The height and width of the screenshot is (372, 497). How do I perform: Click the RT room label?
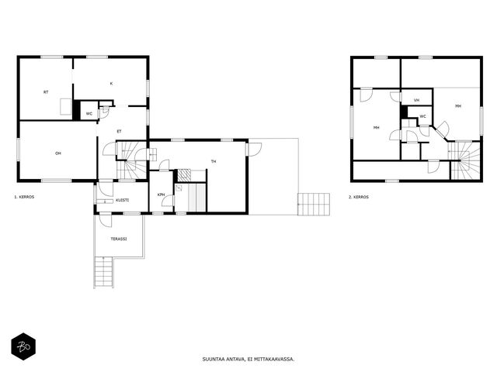pyautogui.click(x=46, y=92)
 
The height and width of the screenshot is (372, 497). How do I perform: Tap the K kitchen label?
pyautogui.click(x=111, y=84)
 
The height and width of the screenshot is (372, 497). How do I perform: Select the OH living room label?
pyautogui.click(x=58, y=153)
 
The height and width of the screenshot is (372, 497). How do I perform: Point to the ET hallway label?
pyautogui.click(x=119, y=131)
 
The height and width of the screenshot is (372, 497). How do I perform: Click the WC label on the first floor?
pyautogui.click(x=89, y=114)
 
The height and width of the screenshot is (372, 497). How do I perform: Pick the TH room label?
pyautogui.click(x=214, y=161)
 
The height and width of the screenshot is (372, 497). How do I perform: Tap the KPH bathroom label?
pyautogui.click(x=161, y=195)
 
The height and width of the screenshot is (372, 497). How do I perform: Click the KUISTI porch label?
pyautogui.click(x=123, y=200)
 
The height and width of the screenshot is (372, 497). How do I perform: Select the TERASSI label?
pyautogui.click(x=119, y=239)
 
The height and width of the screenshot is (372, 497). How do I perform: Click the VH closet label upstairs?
pyautogui.click(x=416, y=100)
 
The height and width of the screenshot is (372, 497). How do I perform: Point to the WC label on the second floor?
pyautogui.click(x=422, y=116)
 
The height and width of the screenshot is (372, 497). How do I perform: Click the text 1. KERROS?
pyautogui.click(x=24, y=197)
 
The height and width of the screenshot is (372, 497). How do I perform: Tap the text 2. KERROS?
pyautogui.click(x=359, y=197)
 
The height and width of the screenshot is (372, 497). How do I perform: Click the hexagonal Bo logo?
pyautogui.click(x=23, y=346)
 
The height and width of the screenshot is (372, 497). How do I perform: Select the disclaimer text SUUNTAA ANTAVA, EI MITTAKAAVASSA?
pyautogui.click(x=248, y=359)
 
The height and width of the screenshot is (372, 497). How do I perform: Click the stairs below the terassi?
pyautogui.click(x=104, y=272)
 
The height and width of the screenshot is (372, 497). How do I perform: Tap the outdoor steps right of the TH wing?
pyautogui.click(x=314, y=205)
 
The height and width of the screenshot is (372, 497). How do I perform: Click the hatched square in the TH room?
pyautogui.click(x=184, y=175)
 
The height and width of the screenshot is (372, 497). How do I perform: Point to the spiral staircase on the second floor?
pyautogui.click(x=464, y=160)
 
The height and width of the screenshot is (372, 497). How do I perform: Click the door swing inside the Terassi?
pyautogui.click(x=106, y=222)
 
